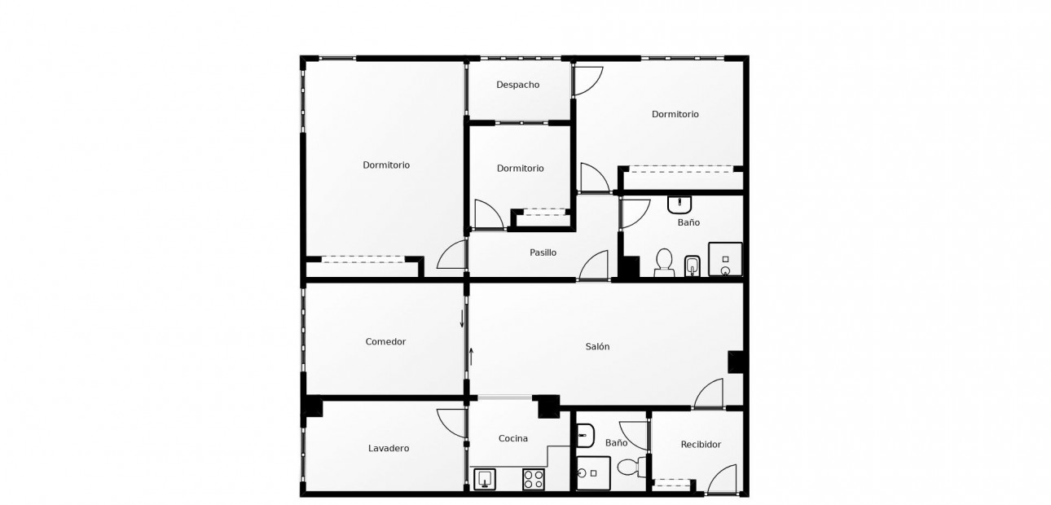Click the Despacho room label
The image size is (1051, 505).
point(517,85)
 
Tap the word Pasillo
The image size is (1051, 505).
point(543,253)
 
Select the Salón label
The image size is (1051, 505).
point(597,346)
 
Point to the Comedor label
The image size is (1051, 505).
point(385,342)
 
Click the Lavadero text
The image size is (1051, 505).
point(389,448)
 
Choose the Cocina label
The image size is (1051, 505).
point(513,438)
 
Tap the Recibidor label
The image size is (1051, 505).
point(701,445)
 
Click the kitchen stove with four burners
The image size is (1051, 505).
point(533,480)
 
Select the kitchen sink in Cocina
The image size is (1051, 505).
point(485,479)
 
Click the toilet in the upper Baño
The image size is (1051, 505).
point(664,261)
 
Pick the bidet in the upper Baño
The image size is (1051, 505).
point(693,265)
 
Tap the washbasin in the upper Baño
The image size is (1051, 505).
point(679,203)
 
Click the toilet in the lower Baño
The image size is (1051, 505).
point(630,468)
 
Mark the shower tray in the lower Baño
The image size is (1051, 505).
point(593,473)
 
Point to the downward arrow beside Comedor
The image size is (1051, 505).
point(462,318)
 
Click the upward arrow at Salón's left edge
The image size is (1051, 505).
point(471,356)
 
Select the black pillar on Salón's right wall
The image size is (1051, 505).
point(736,362)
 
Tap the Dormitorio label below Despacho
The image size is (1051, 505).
point(520,169)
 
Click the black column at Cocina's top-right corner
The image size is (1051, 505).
point(548,405)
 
